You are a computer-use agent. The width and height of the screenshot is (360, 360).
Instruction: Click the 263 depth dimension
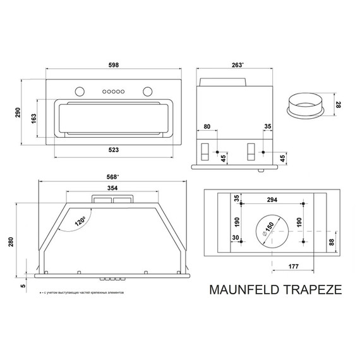tap(237, 65)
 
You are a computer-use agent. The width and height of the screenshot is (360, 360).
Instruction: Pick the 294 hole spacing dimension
tap(273, 199)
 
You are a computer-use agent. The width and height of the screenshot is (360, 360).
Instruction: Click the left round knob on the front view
tap(79, 89)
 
